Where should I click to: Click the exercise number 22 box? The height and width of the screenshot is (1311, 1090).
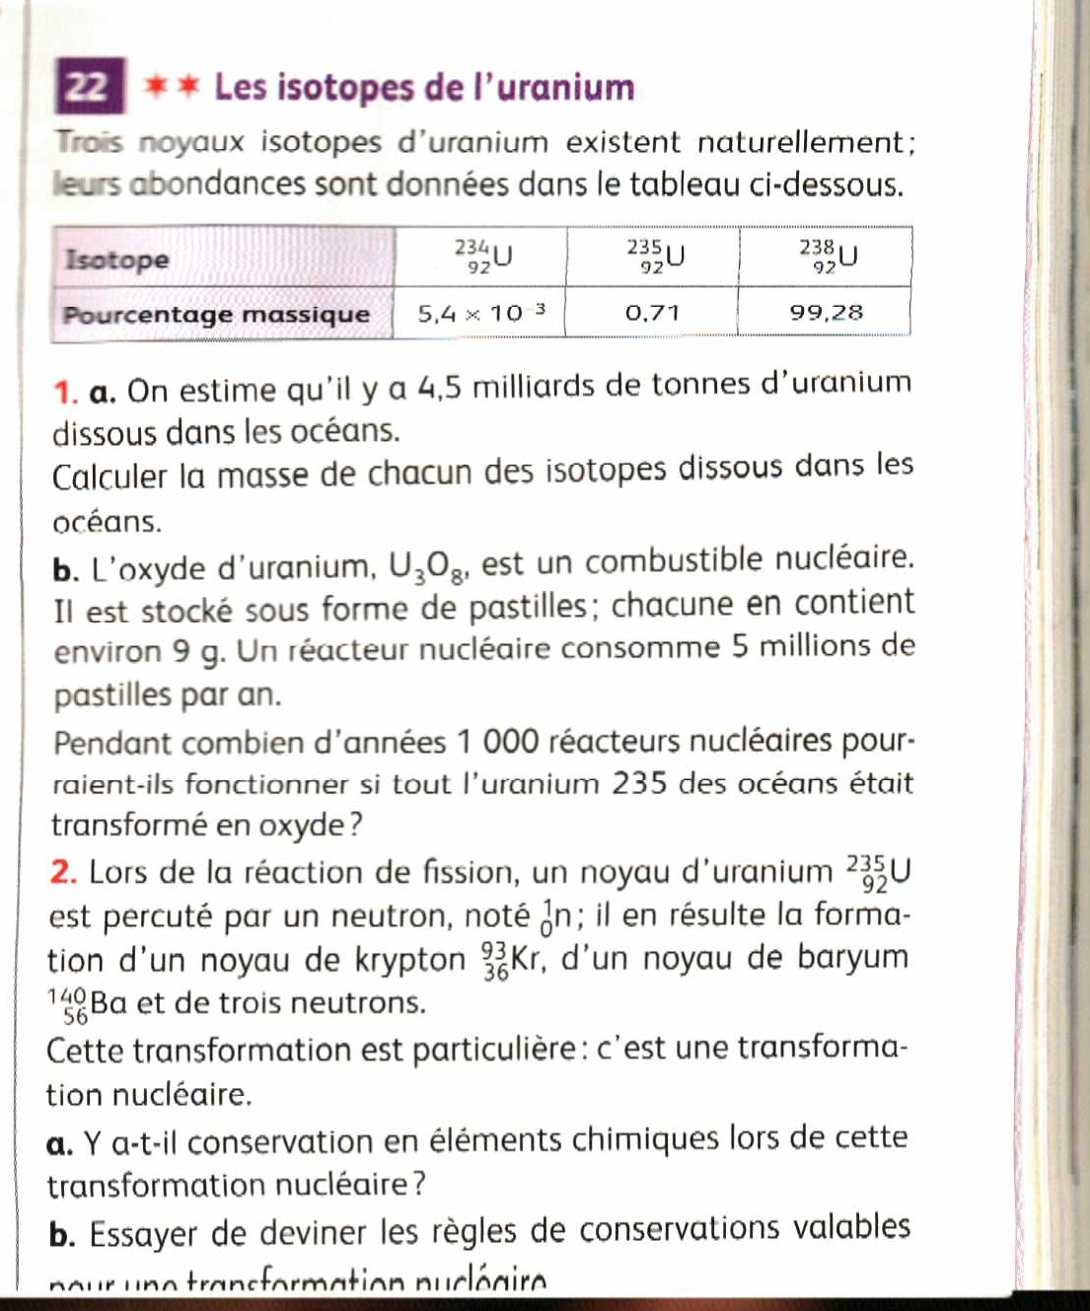coord(90,87)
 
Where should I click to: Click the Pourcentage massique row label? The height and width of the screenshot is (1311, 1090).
coord(216,315)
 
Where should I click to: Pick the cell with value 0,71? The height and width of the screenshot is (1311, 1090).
coord(652,314)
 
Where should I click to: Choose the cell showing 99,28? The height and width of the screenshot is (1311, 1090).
coord(826,313)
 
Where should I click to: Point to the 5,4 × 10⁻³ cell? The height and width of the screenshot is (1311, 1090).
coord(480,314)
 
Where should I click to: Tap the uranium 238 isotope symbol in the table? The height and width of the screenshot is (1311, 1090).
coord(828,255)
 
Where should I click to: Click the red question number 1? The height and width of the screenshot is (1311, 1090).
coord(65,392)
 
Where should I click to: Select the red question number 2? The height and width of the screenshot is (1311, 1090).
coord(63,873)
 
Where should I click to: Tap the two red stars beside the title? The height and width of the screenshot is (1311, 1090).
coord(172,87)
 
